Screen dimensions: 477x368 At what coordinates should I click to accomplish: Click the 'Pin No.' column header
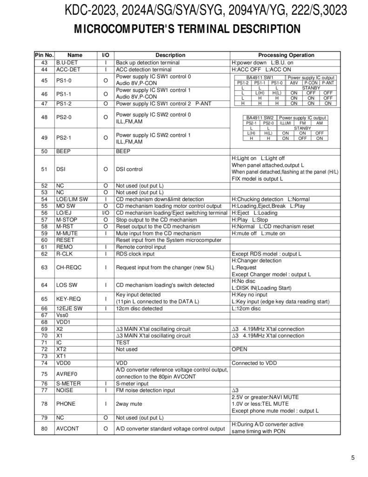[x=44, y=55]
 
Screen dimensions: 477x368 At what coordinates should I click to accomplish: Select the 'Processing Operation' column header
[x=286, y=55]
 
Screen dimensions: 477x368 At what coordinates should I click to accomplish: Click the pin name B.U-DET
[x=67, y=62]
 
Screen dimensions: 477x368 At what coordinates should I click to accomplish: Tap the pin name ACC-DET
[x=68, y=69]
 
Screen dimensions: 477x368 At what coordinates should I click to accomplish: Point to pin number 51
[x=44, y=169]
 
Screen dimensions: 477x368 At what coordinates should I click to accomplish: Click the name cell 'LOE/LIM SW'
[x=72, y=199]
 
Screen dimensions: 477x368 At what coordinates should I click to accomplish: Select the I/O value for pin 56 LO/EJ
[x=106, y=213]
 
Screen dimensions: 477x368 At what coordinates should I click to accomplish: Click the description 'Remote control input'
[x=141, y=247]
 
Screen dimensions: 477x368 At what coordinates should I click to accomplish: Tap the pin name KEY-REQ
[x=68, y=299]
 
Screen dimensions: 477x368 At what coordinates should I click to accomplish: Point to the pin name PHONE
[x=66, y=404]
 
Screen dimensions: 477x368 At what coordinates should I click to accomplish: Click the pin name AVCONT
[x=67, y=429]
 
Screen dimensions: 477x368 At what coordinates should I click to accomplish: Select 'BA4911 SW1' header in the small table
[x=260, y=77]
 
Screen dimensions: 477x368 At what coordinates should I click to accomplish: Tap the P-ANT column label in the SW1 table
[x=328, y=82]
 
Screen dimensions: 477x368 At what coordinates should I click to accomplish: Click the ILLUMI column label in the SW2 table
[x=285, y=123]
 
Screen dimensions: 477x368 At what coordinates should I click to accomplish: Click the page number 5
[x=353, y=457]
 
